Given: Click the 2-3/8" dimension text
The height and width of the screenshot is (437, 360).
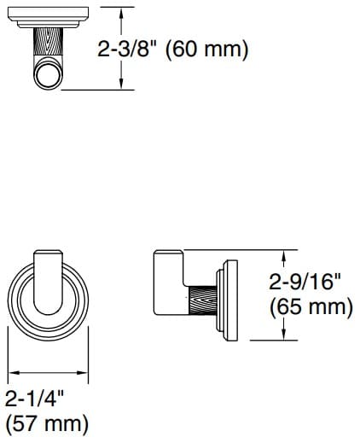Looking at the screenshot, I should click(132, 49).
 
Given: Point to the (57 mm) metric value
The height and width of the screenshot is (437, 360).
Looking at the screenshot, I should click(47, 423).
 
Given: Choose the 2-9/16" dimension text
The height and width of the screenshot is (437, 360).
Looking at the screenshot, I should click(310, 280).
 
